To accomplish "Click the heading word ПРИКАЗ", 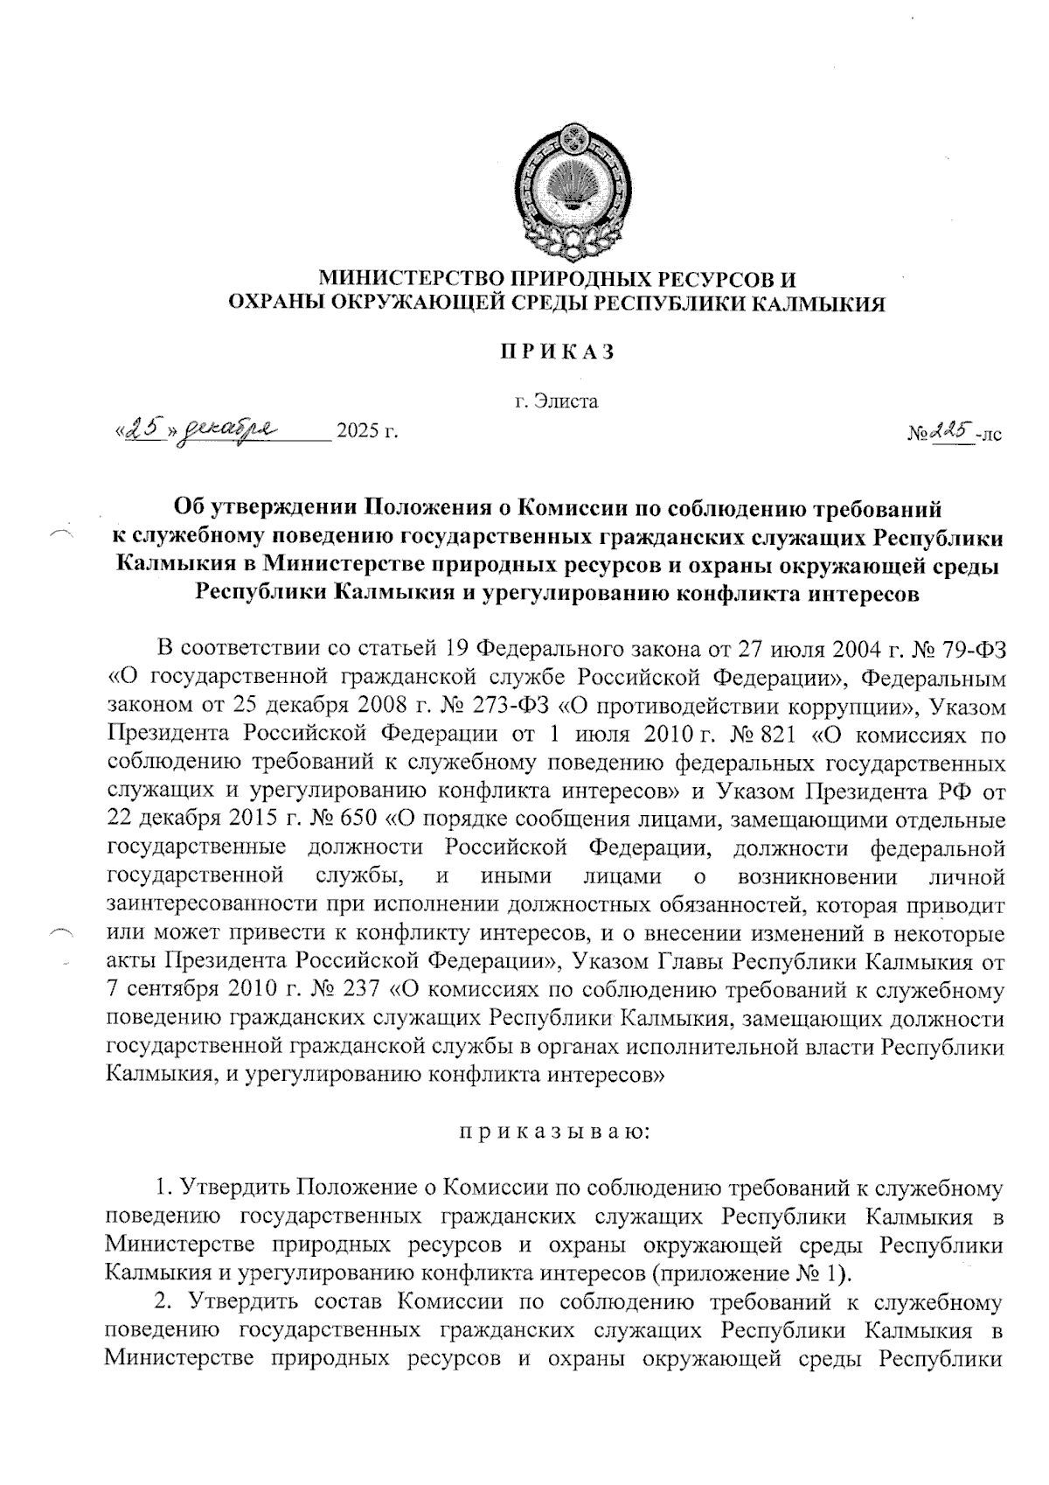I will (557, 352).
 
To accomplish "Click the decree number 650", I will (352, 820).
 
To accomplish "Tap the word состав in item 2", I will (346, 1301).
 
